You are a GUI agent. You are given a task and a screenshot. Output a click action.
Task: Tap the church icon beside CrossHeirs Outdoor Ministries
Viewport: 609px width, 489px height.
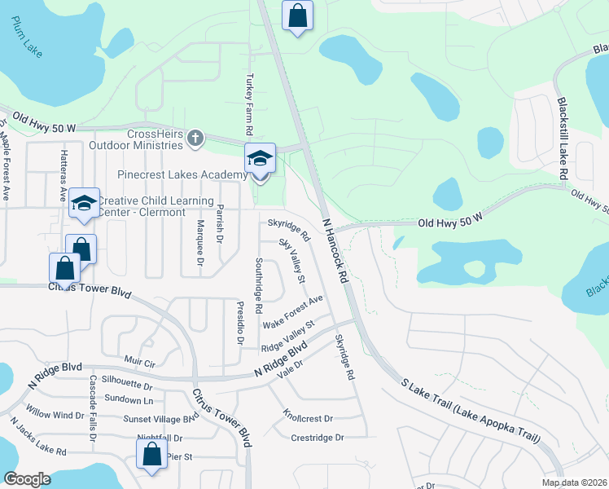pyautogui.click(x=194, y=139)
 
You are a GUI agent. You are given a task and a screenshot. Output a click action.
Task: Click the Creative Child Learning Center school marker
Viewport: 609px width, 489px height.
pyautogui.click(x=85, y=205)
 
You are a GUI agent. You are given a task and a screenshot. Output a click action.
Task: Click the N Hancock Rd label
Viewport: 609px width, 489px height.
pyautogui.click(x=335, y=250)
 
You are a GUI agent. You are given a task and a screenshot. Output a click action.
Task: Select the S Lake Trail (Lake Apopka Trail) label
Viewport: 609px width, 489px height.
pyautogui.click(x=471, y=411)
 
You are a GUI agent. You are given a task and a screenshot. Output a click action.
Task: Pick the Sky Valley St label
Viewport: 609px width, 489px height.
pyautogui.click(x=291, y=261)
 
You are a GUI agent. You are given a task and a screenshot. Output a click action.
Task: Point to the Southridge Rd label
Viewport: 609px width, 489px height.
pyautogui.click(x=258, y=286)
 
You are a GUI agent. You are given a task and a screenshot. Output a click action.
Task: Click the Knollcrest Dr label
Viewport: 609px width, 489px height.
pyautogui.click(x=309, y=416)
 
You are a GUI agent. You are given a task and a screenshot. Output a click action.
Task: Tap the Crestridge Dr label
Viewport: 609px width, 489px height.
pyautogui.click(x=317, y=438)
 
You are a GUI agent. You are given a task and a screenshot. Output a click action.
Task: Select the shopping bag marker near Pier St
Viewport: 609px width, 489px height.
pyautogui.click(x=152, y=456)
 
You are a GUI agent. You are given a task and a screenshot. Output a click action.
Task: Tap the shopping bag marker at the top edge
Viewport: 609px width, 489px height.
pyautogui.click(x=298, y=15)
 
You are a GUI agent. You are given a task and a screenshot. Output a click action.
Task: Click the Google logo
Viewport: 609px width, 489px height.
pyautogui.click(x=27, y=479)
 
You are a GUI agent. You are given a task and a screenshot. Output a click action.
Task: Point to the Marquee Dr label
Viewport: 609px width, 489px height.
pyautogui.click(x=199, y=242)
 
